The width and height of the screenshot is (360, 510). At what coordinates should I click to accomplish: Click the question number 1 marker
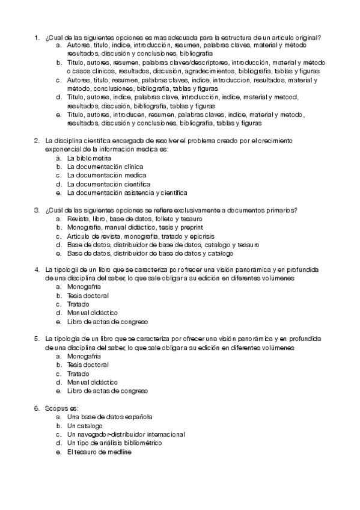tap(37, 37)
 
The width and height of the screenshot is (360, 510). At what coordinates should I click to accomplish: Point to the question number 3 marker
tap(37, 210)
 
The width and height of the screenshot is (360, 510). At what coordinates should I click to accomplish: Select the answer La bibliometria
tap(89, 158)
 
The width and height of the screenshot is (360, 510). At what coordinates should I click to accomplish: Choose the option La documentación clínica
tap(97, 167)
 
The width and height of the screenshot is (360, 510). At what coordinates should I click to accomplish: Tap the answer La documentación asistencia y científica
tap(127, 192)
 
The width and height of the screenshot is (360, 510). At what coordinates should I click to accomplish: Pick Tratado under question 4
tap(78, 304)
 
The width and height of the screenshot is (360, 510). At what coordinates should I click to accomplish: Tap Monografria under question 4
tap(84, 287)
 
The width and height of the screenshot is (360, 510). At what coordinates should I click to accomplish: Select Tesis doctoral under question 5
tap(88, 365)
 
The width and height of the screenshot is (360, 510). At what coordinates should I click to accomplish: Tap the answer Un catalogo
tap(85, 426)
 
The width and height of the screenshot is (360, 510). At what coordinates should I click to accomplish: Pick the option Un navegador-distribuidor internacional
tap(126, 434)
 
